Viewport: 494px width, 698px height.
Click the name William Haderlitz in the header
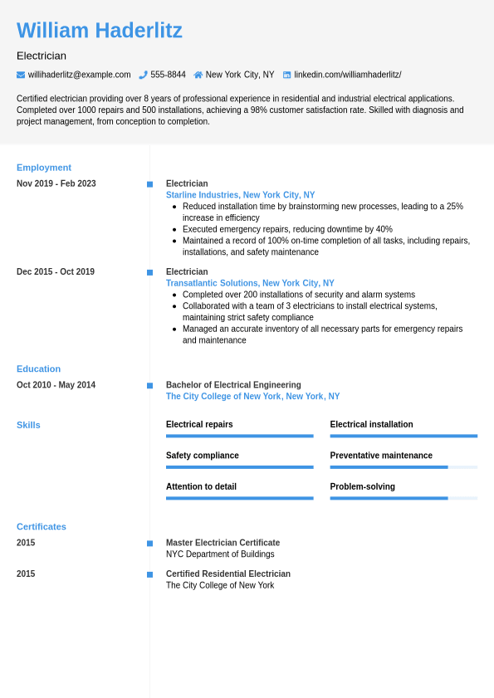100,31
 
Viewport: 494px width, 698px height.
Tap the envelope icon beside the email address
21,75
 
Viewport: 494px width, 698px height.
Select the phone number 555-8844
168,75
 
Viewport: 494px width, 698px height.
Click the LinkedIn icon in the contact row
287,75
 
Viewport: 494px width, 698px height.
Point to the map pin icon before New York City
198,75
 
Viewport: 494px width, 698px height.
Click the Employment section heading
44,168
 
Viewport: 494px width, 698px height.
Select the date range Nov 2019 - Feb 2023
56,183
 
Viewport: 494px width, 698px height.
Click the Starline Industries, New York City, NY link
240,195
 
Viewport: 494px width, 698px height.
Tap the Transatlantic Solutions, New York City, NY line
250,283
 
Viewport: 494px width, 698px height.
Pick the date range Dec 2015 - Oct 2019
56,271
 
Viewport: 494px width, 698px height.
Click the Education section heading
38,369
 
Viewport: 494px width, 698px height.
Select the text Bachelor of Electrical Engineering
233,385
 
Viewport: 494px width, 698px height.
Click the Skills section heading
28,425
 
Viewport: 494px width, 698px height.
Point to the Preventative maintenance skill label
381,456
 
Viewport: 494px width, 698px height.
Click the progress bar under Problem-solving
404,498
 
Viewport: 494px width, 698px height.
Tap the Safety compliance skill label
203,456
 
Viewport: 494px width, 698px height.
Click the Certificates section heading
42,527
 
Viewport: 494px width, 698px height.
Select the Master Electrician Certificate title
223,543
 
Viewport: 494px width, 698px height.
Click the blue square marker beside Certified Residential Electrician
150,574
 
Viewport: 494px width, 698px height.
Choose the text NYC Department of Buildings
220,554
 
